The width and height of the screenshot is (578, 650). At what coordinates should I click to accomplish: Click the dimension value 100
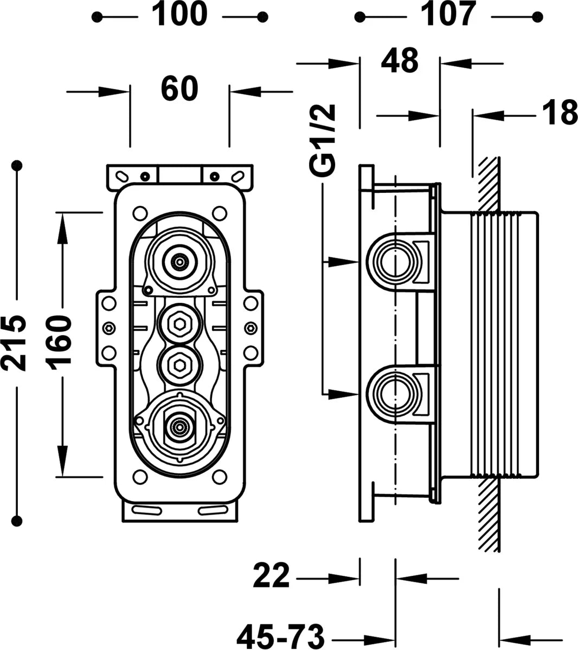click(x=179, y=14)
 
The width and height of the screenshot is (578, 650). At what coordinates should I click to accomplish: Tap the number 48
click(x=400, y=60)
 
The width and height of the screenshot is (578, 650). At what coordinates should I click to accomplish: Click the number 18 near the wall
click(x=560, y=112)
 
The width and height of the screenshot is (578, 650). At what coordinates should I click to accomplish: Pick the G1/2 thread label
click(x=322, y=140)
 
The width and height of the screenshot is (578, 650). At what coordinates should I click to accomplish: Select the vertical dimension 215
click(x=13, y=343)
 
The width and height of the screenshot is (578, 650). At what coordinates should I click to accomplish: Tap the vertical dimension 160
click(x=58, y=343)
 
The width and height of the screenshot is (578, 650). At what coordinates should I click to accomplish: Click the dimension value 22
click(x=271, y=576)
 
